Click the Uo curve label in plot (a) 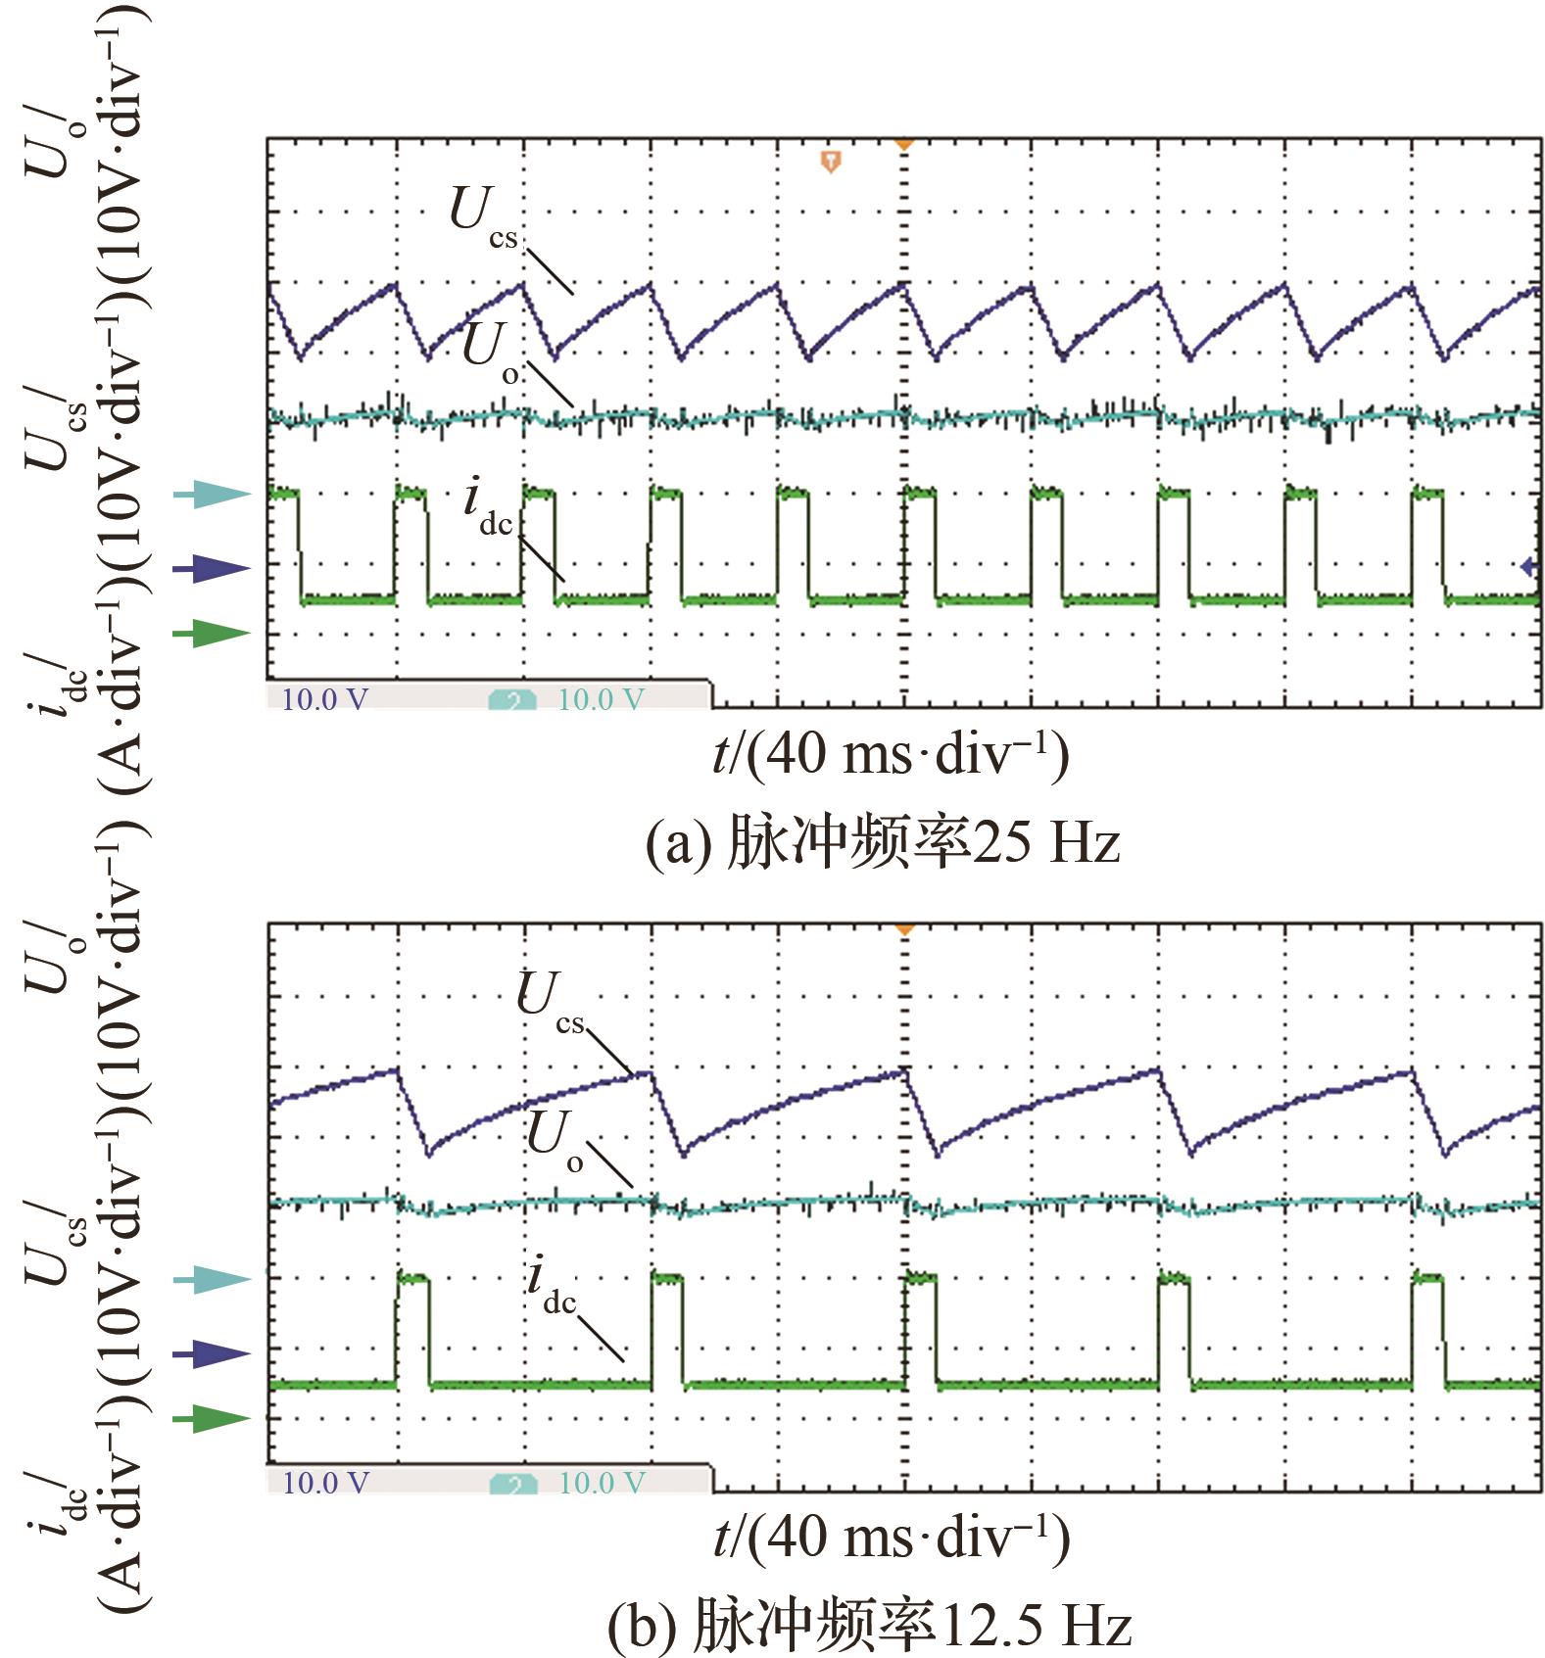pyautogui.click(x=491, y=354)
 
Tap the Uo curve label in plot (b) pyautogui.click(x=555, y=1142)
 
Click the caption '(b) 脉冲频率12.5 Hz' pyautogui.click(x=869, y=1625)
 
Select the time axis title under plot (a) pyautogui.click(x=891, y=755)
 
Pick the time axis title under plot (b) pyautogui.click(x=891, y=1538)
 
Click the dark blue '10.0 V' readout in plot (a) pyautogui.click(x=325, y=699)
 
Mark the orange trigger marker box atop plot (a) pyautogui.click(x=831, y=161)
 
